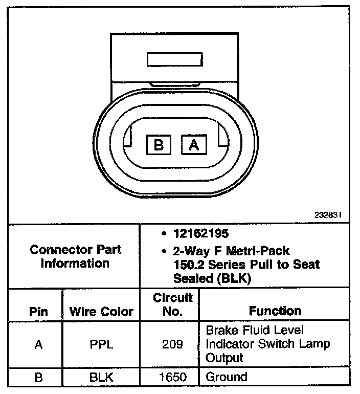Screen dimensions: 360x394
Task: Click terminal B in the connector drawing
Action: (x=159, y=145)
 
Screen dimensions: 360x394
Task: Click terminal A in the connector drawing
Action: (x=194, y=145)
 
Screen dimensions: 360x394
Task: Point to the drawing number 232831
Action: (x=329, y=215)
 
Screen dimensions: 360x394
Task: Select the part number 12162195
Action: (x=201, y=233)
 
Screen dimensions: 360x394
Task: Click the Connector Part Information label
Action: (x=76, y=256)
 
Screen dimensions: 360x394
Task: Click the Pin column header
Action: (x=38, y=311)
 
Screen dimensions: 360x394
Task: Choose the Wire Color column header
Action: (x=102, y=311)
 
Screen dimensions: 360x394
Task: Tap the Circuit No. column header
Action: (x=173, y=304)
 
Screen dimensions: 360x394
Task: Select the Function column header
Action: (x=275, y=311)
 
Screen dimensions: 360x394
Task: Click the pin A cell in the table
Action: (x=38, y=344)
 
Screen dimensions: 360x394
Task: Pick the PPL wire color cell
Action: (x=102, y=344)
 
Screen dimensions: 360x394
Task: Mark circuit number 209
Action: (x=173, y=344)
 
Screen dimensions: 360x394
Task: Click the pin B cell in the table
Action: (x=38, y=378)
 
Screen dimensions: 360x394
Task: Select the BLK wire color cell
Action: (x=102, y=378)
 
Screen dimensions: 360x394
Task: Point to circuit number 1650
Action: (x=173, y=378)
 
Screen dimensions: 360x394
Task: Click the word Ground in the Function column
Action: (x=226, y=378)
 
